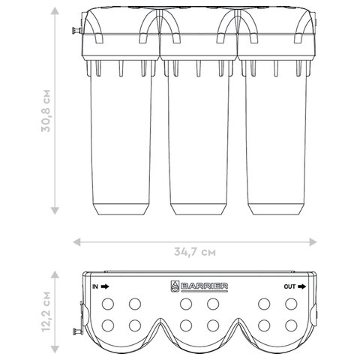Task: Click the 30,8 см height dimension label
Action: click(x=46, y=110)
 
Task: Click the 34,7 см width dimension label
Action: click(x=195, y=252)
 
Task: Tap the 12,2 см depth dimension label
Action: click(x=46, y=312)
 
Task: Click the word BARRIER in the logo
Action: click(x=204, y=286)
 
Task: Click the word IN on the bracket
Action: click(x=95, y=286)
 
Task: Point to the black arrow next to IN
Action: click(x=105, y=286)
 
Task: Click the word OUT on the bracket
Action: click(x=289, y=286)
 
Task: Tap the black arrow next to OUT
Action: click(x=301, y=286)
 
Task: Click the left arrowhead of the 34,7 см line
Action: click(x=76, y=242)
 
